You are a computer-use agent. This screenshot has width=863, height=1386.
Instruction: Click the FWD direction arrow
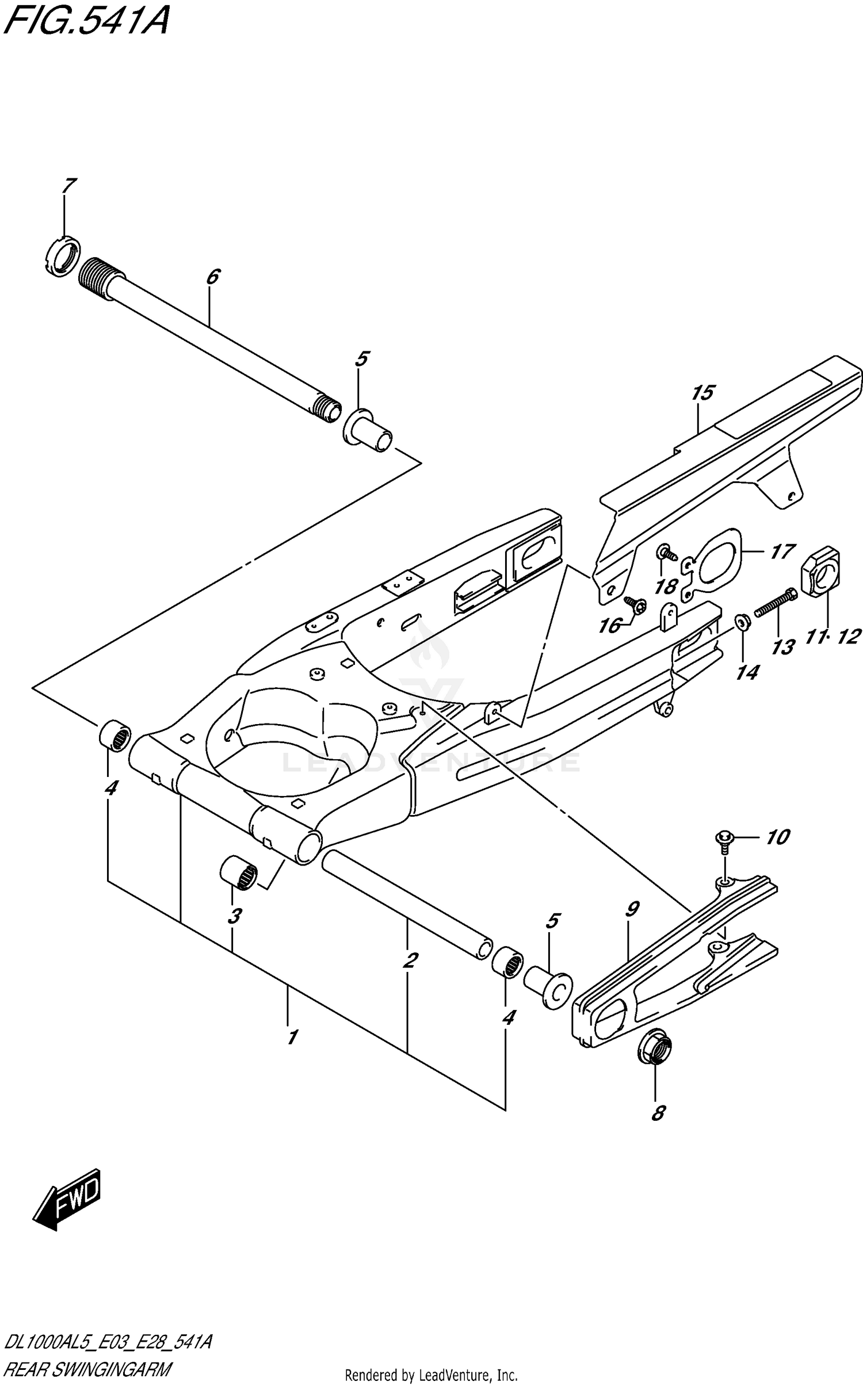(68, 1197)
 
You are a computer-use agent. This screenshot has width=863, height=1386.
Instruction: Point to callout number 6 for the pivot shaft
(212, 277)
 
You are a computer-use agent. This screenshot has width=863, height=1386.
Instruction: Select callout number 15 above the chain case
(702, 393)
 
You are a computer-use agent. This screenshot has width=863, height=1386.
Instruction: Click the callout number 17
(782, 552)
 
